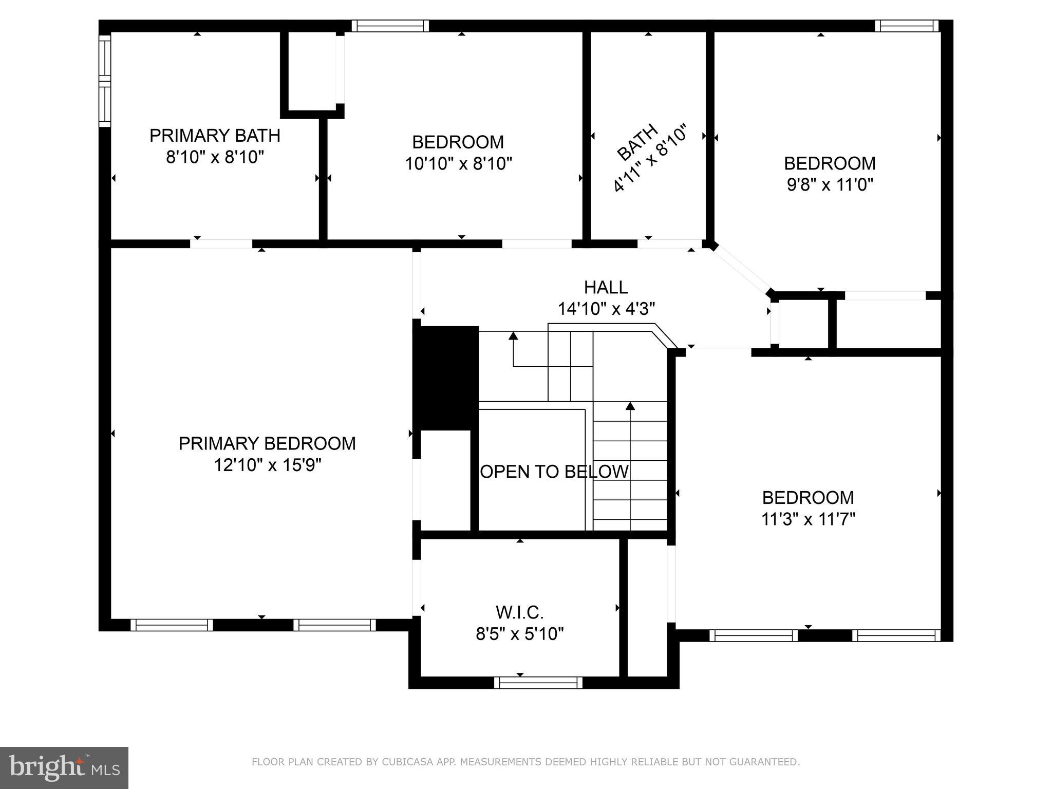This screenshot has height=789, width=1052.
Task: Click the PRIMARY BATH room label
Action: (x=215, y=136)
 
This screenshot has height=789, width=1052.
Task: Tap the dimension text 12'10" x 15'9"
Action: (x=267, y=465)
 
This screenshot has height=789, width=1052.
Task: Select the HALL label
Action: (x=606, y=287)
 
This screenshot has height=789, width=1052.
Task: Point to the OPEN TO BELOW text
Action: (x=554, y=472)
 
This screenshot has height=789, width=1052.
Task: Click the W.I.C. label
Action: (x=519, y=612)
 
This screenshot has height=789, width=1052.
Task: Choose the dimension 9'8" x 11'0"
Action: (x=830, y=184)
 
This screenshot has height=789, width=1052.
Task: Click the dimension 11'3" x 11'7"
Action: (x=807, y=519)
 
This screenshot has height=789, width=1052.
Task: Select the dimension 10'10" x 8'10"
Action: (x=458, y=163)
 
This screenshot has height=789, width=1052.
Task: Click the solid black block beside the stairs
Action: (x=446, y=378)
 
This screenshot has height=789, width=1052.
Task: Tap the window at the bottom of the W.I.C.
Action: (x=538, y=683)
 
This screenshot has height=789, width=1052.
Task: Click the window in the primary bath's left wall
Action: (x=105, y=81)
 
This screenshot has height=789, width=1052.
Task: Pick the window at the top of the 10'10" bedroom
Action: (x=390, y=26)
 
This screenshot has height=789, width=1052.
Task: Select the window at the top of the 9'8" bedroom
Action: (x=907, y=26)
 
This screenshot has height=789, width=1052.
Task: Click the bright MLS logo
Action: (x=64, y=767)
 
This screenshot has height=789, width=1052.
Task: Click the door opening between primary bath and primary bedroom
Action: (x=221, y=243)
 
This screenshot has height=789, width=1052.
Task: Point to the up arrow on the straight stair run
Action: (x=630, y=407)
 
